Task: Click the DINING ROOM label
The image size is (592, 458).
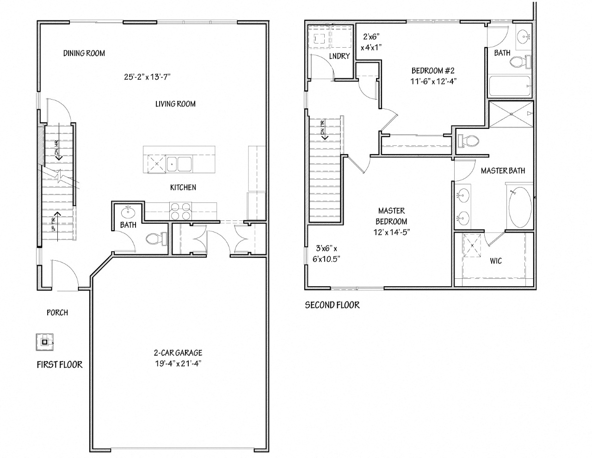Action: coord(84,53)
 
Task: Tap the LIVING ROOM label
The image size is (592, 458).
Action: coord(175,104)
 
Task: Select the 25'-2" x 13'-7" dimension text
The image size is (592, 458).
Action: coord(148,77)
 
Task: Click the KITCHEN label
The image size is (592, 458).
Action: coord(183,187)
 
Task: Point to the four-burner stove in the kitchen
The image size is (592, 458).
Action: coord(180,211)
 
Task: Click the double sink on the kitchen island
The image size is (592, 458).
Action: coord(180,163)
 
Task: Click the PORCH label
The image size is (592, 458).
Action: coord(57,313)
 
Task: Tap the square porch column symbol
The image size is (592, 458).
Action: coord(45,342)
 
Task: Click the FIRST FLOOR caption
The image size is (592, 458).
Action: coord(60,364)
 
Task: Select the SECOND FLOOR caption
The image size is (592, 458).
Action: coord(332,305)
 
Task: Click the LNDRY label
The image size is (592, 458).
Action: coord(339,56)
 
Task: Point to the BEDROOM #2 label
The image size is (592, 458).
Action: coord(433,71)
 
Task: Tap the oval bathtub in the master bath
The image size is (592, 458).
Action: coord(520,208)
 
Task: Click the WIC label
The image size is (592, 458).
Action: coord(496,261)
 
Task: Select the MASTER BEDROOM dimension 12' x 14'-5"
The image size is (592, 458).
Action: coord(391,232)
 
